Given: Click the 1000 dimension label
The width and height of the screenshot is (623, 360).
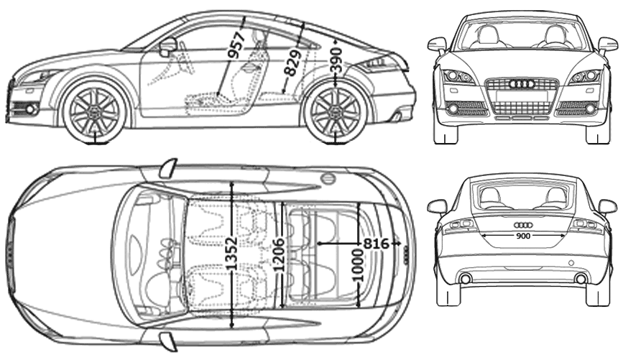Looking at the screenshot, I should click(x=358, y=264).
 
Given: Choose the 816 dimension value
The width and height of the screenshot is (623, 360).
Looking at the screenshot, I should click(x=377, y=244).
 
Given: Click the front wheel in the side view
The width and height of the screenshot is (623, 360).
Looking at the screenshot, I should click(x=94, y=111).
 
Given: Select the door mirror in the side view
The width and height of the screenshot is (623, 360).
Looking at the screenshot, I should click(x=168, y=47).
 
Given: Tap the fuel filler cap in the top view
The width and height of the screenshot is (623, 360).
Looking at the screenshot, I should click(x=328, y=177).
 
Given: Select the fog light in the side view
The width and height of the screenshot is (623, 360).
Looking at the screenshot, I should click(x=31, y=109).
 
